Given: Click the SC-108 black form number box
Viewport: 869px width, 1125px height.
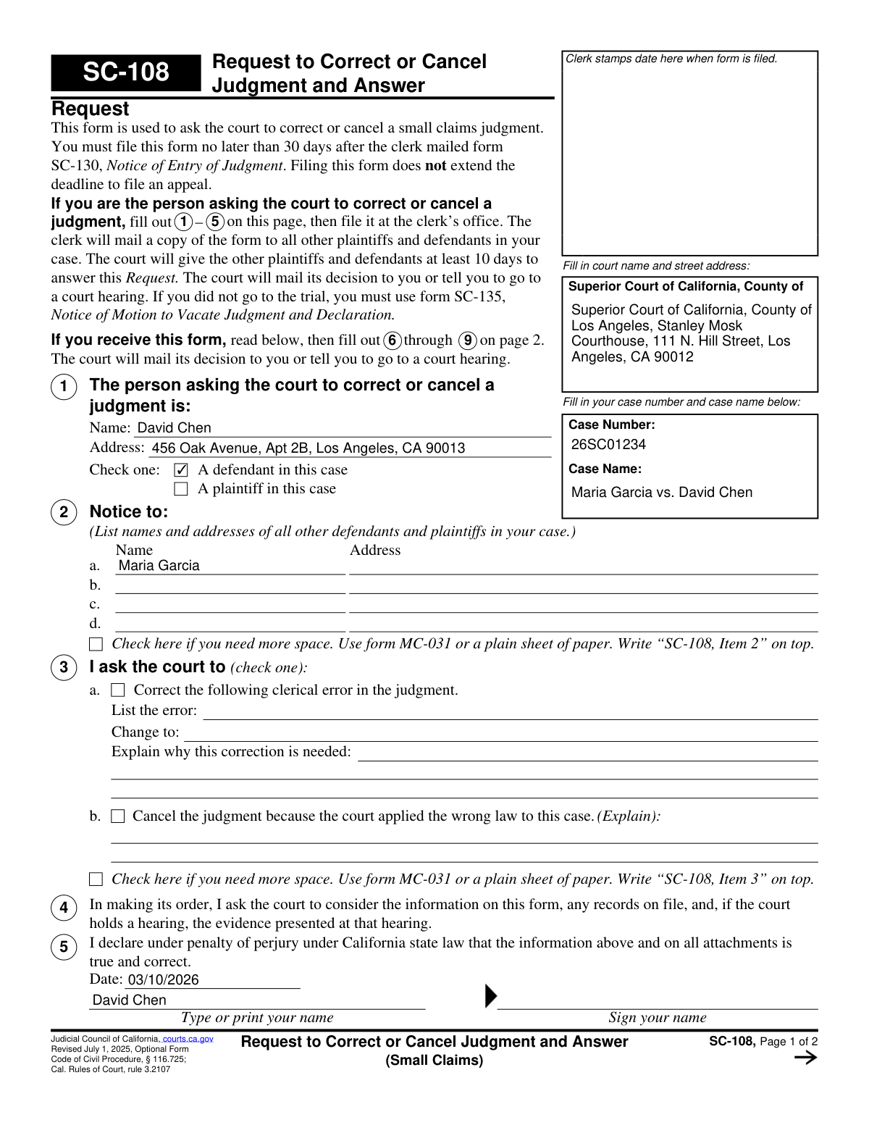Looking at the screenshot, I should [125, 72].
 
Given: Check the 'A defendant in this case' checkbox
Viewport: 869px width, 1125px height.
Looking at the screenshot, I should [181, 470].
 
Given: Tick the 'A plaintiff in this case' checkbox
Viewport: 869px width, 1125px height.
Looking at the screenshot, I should [181, 489].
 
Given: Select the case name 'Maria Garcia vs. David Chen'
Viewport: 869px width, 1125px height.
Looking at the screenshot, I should [661, 493].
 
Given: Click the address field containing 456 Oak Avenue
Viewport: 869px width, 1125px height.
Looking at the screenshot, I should [308, 448].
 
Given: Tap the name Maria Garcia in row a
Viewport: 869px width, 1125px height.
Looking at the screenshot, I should [159, 566].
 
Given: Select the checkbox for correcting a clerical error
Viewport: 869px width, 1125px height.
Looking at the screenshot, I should [118, 690].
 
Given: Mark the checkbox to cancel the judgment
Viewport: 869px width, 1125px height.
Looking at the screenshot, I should [118, 816].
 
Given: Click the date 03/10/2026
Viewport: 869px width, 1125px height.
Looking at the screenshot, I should [163, 980].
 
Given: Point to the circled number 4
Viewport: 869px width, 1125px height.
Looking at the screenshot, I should [64, 908].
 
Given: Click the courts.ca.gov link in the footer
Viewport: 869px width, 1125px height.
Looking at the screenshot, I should [188, 1039].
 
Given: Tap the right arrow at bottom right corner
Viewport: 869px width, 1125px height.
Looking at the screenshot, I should [805, 1058].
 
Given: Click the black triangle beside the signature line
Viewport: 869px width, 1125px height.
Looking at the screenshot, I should [490, 997].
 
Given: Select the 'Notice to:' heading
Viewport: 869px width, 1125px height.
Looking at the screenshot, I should [128, 512].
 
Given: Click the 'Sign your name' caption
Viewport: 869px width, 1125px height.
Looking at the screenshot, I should [657, 1018].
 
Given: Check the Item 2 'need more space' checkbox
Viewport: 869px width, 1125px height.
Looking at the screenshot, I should [96, 644].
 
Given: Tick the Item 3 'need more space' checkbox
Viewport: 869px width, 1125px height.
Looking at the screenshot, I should [96, 879].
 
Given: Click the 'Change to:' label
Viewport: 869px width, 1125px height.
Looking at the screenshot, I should [145, 732].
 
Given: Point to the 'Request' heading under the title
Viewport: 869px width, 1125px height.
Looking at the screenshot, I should [90, 109].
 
